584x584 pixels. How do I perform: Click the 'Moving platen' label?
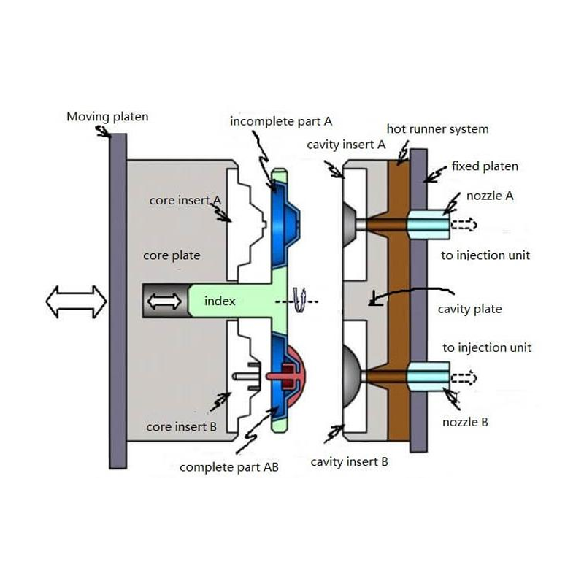click(x=107, y=116)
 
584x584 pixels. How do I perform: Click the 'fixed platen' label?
click(x=485, y=166)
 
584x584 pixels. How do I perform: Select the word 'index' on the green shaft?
click(x=220, y=301)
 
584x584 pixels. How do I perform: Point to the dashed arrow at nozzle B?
click(x=464, y=378)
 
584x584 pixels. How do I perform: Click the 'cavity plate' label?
click(x=469, y=309)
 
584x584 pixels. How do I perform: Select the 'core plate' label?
click(x=172, y=255)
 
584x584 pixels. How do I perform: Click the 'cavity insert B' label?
click(x=349, y=461)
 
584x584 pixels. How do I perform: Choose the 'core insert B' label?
click(x=180, y=426)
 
